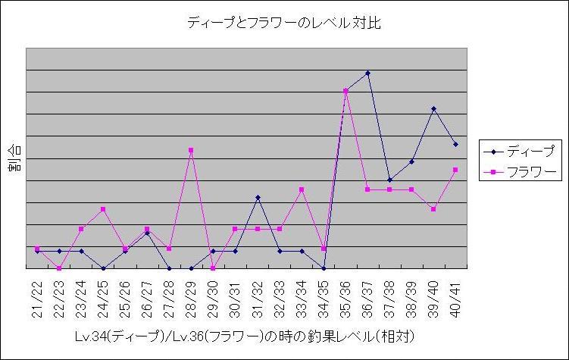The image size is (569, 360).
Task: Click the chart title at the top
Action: (x=283, y=23)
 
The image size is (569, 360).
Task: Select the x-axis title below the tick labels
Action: (x=245, y=335)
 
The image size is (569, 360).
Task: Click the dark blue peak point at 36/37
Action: (x=367, y=73)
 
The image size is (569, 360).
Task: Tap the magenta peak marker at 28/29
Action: (x=191, y=150)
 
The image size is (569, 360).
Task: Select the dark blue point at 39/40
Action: (x=433, y=108)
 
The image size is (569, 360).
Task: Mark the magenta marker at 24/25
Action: (x=103, y=209)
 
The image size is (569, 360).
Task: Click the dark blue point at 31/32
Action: (x=258, y=197)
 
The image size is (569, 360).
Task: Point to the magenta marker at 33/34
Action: (x=302, y=189)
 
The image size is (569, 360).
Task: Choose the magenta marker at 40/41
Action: (x=455, y=170)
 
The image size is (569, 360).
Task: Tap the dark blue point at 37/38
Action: (x=389, y=180)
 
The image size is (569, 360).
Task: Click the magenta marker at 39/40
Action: (x=433, y=209)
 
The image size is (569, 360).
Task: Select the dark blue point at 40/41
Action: (x=455, y=144)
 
